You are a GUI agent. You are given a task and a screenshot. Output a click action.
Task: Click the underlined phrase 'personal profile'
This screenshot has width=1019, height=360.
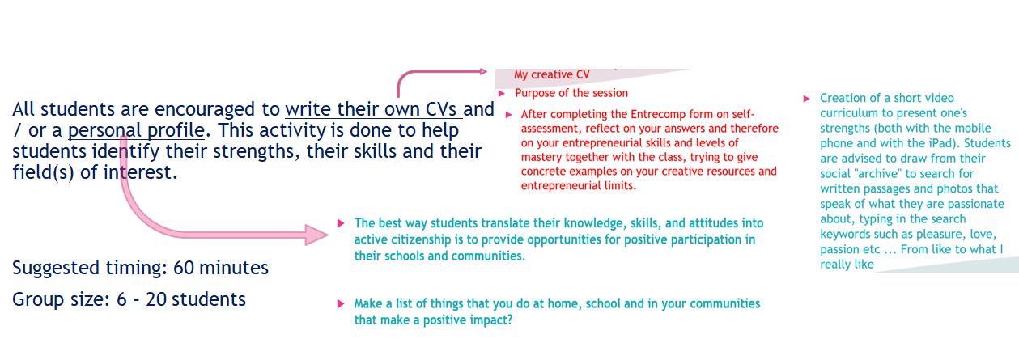point(136,130)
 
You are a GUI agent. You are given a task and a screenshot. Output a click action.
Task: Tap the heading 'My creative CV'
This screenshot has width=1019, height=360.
point(552,74)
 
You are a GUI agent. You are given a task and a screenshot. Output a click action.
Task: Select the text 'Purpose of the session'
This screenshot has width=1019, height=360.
point(571,93)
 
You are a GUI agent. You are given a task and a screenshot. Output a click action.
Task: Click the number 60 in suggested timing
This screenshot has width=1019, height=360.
point(184,268)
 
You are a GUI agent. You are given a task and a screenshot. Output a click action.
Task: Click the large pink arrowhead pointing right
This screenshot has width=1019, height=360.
point(316,235)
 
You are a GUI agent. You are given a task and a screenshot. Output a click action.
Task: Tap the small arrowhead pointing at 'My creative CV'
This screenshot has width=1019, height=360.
point(483,71)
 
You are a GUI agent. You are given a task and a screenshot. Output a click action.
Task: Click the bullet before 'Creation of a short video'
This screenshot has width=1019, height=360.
point(807,99)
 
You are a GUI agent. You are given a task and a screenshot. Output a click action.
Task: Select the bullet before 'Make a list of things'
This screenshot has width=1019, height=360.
point(340,303)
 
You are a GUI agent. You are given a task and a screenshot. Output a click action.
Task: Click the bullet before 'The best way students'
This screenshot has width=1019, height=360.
point(340,223)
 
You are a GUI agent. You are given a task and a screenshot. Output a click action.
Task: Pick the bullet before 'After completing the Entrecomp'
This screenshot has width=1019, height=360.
point(508,115)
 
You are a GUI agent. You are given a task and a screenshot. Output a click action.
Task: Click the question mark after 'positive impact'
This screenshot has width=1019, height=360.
point(510,320)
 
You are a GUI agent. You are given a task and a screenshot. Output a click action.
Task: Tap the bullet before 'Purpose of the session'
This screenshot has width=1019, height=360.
point(502,94)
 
